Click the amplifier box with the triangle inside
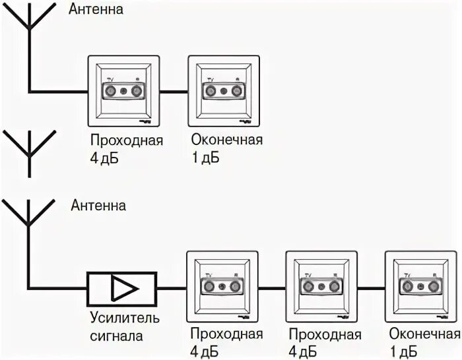(x=121, y=288)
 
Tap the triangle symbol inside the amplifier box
(x=123, y=288)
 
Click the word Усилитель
(x=125, y=319)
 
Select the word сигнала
(x=118, y=336)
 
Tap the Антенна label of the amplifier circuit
(x=98, y=205)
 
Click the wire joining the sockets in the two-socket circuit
(x=174, y=91)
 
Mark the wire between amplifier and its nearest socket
(x=172, y=287)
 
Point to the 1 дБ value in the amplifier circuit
(x=403, y=350)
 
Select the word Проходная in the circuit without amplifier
(x=127, y=141)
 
